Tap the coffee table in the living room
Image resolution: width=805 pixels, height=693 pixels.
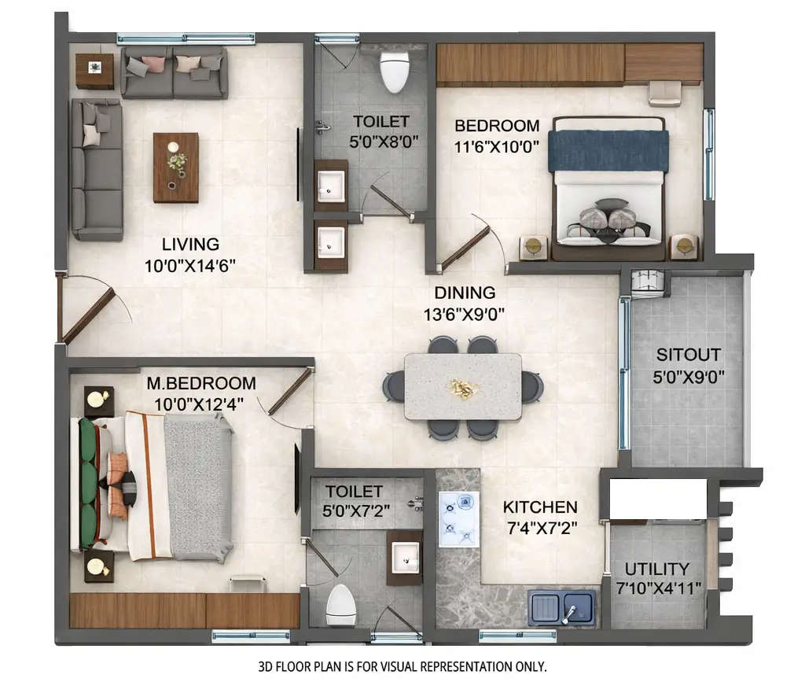click(175, 167)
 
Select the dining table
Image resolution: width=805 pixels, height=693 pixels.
click(463, 386)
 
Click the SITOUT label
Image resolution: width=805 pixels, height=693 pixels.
click(689, 356)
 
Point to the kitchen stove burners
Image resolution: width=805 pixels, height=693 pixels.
click(458, 518)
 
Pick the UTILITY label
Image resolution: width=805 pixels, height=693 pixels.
click(657, 569)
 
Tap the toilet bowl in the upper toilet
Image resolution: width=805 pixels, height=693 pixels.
click(393, 72)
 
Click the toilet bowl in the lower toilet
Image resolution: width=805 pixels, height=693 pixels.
click(340, 603)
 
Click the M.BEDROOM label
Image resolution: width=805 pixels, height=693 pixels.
click(201, 384)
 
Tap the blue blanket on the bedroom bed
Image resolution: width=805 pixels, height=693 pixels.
click(608, 150)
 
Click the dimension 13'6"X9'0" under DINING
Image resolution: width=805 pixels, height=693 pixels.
click(464, 313)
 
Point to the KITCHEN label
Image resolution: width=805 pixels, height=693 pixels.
click(540, 508)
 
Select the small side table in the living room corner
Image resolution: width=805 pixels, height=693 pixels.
click(94, 69)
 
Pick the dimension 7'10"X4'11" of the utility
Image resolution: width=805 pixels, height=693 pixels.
click(657, 588)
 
